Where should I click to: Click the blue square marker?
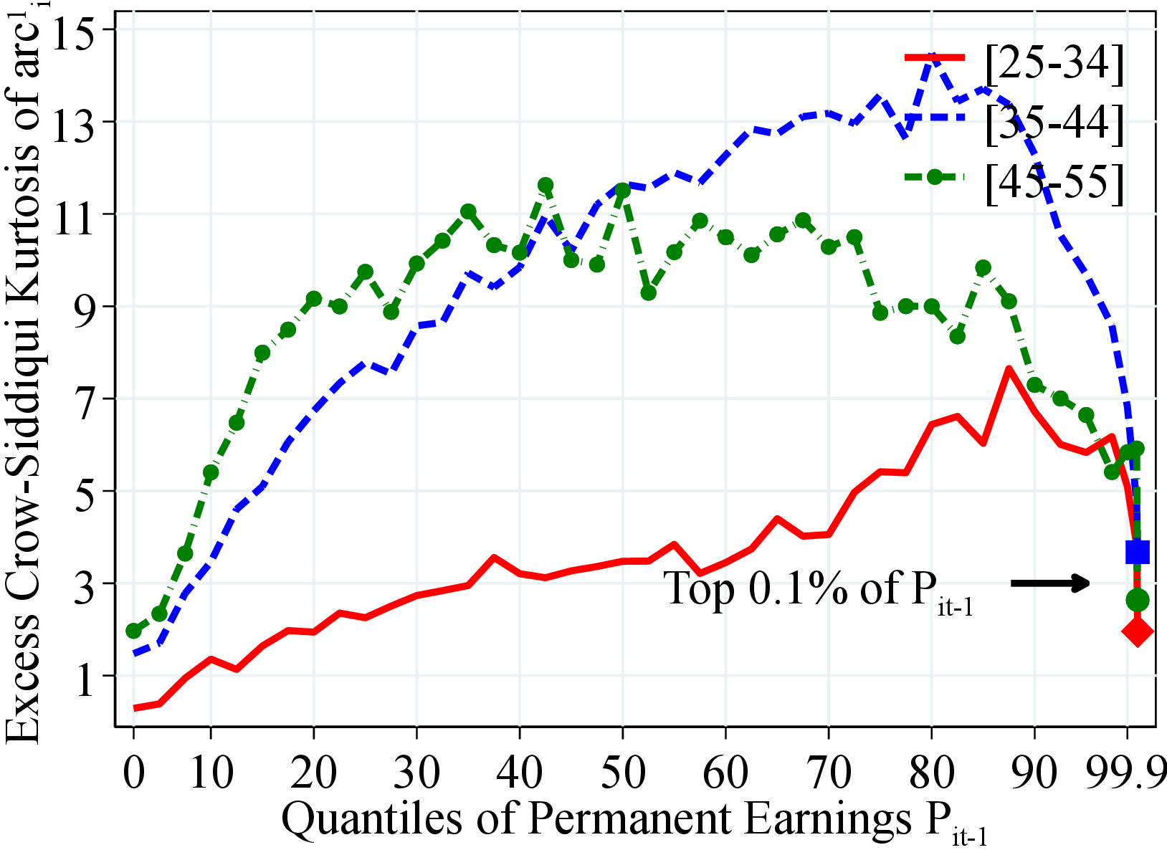pyautogui.click(x=1138, y=552)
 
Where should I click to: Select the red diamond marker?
pyautogui.click(x=1138, y=632)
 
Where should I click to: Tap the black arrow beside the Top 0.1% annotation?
pyautogui.click(x=1050, y=583)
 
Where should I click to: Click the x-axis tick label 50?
pyautogui.click(x=622, y=773)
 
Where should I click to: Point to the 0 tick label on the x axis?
pyautogui.click(x=133, y=773)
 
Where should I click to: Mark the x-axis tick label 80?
pyautogui.click(x=931, y=773)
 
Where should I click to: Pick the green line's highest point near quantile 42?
pyautogui.click(x=546, y=186)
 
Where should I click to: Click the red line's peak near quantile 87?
pyautogui.click(x=1009, y=370)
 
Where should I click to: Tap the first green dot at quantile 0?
pyautogui.click(x=133, y=631)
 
